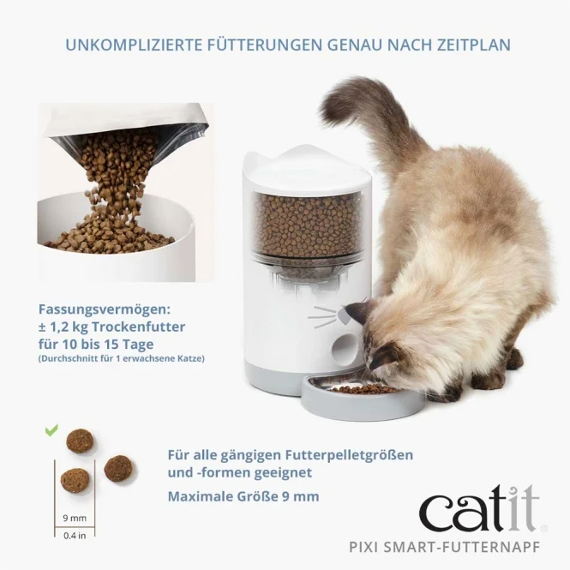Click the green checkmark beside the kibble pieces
pos(51,430)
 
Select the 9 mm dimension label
pos(75,518)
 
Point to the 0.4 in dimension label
pos(75,536)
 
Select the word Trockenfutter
pos(138,327)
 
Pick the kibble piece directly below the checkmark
pos(80,441)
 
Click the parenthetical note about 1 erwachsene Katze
pos(122,358)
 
